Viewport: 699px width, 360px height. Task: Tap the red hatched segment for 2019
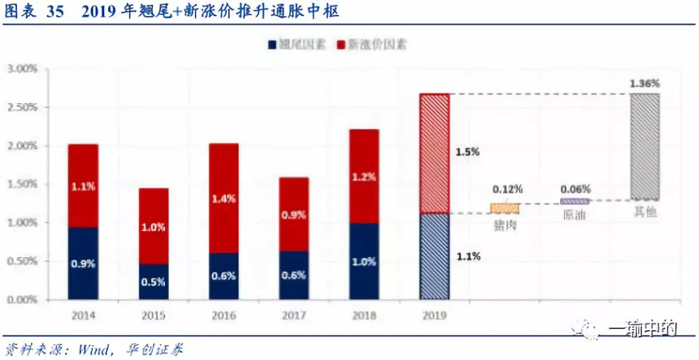tap(434, 153)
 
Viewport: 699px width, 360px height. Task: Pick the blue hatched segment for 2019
tap(434, 256)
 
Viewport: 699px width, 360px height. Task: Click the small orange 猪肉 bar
tap(504, 208)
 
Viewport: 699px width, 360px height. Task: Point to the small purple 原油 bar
tap(574, 201)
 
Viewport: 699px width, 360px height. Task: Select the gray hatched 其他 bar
tap(645, 146)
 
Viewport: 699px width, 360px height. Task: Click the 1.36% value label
tap(645, 84)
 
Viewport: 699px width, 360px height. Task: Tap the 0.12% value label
tap(507, 190)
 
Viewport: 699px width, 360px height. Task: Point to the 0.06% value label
tap(575, 189)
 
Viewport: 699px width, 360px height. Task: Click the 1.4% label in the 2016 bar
tap(224, 199)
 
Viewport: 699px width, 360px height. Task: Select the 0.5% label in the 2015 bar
tap(154, 282)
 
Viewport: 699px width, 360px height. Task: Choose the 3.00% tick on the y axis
tap(22, 69)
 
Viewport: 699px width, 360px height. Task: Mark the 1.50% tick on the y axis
tap(22, 184)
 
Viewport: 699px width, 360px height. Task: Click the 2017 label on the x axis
tap(294, 315)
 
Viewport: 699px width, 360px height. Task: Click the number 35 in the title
tap(54, 12)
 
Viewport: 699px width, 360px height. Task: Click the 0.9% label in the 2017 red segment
tap(294, 215)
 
